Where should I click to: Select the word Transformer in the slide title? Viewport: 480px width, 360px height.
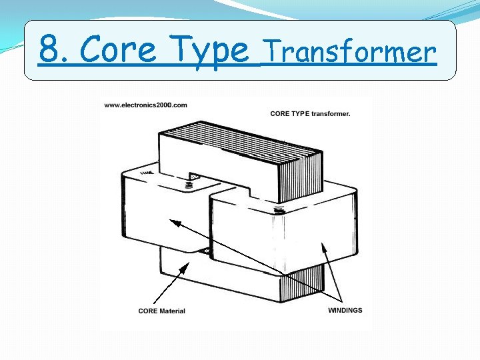coord(349,51)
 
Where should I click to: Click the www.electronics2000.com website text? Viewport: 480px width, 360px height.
coord(145,105)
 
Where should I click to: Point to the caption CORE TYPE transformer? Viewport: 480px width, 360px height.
coord(310,113)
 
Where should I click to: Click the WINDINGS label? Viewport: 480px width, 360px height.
coord(345,310)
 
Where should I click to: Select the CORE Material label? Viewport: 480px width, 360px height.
coord(162,311)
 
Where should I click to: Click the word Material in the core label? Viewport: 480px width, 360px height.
coord(171,311)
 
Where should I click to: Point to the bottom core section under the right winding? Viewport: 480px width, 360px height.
coord(300,287)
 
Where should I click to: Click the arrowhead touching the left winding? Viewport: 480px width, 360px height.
coord(175,223)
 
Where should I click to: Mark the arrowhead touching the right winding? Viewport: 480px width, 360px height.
coord(325,247)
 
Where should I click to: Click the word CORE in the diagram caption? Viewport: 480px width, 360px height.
coord(280,113)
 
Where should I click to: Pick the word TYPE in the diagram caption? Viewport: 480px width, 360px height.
coord(301,113)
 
